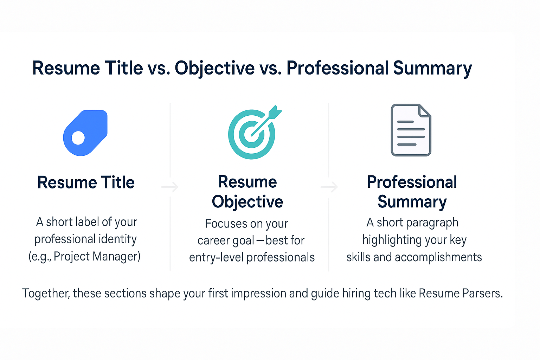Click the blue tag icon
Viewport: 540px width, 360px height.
coord(85,133)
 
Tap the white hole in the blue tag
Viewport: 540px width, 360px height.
coord(78,138)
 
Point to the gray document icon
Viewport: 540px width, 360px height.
coord(411,130)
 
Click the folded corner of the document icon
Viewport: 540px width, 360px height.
coord(425,110)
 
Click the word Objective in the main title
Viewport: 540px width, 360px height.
coord(214,68)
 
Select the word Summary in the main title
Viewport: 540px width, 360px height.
coord(432,68)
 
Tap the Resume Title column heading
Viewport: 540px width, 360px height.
coord(86,182)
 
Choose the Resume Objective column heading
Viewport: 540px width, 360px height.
coord(247,192)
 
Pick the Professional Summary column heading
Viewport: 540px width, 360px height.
coord(412,192)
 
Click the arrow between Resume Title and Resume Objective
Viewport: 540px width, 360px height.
coord(170,187)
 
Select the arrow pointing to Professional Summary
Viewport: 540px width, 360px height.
coord(329,187)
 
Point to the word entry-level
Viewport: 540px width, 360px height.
coord(216,257)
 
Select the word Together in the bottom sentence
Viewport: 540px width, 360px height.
coord(46,293)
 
